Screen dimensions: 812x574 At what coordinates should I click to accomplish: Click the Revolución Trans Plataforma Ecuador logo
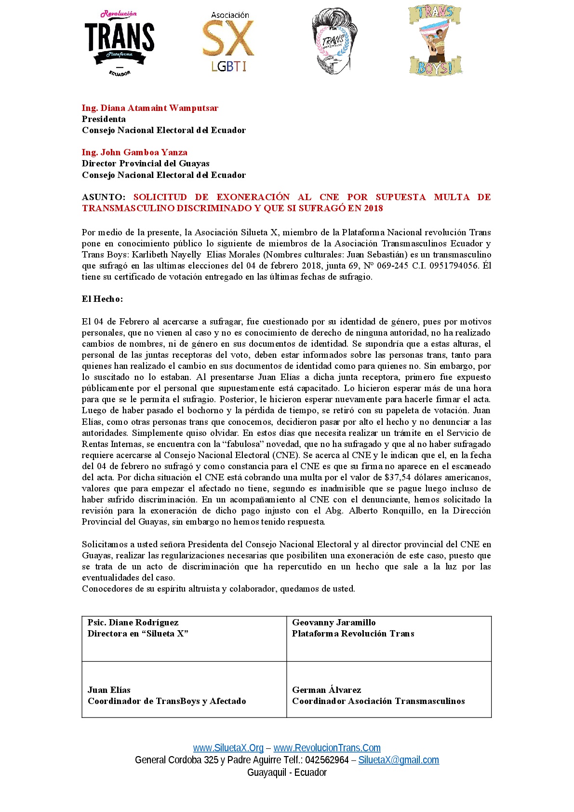pos(120,42)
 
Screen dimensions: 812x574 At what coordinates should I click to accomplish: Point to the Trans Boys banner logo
pos(435,41)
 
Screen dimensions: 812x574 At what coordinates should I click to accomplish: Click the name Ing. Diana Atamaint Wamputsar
pos(150,108)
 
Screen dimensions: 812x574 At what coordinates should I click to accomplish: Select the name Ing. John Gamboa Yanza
pos(134,152)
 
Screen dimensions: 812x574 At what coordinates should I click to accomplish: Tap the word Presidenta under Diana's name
pos(104,119)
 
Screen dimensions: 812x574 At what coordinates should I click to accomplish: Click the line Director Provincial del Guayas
pos(146,163)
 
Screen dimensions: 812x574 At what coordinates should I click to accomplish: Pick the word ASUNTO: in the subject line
pos(104,197)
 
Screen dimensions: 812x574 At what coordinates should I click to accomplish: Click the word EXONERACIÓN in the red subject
pos(253,197)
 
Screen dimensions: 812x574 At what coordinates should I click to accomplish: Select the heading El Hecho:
pos(102,299)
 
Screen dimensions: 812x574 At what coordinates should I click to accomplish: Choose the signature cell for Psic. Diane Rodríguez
pos(184,638)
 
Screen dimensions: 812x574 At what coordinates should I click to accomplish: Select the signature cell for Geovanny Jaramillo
pos(388,638)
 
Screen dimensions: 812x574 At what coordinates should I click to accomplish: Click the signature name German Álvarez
pos(326,690)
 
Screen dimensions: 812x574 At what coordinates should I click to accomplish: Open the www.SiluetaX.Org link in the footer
pos(228,748)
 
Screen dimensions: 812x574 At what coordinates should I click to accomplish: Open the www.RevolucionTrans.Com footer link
pos(327,748)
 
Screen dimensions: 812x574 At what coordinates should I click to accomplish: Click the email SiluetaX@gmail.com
pos(399,760)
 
